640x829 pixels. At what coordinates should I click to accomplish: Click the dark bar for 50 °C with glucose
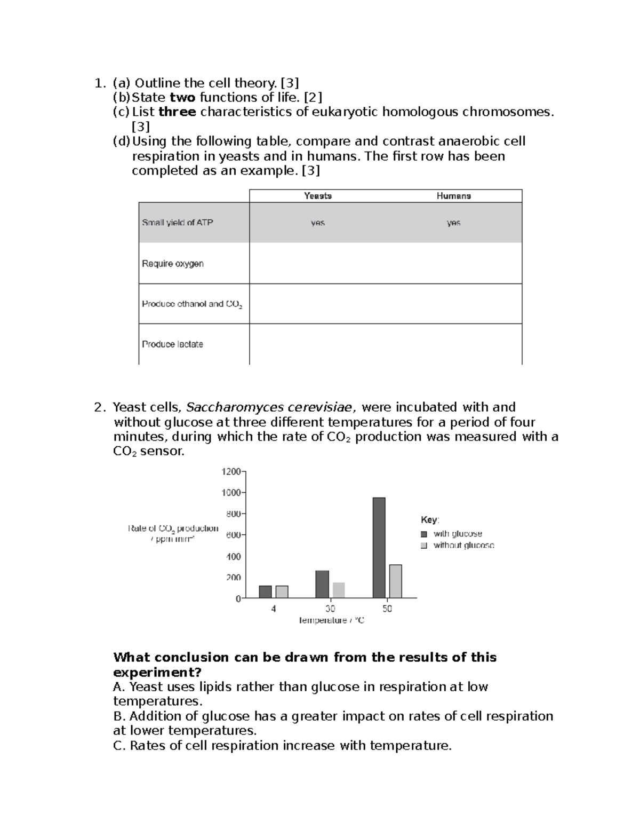pyautogui.click(x=379, y=548)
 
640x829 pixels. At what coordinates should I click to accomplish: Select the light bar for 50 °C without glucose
pyautogui.click(x=395, y=581)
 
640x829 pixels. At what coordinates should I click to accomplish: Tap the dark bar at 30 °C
pyautogui.click(x=322, y=584)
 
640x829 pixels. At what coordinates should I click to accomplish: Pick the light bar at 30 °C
pyautogui.click(x=339, y=590)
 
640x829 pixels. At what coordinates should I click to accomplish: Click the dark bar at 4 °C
pyautogui.click(x=265, y=591)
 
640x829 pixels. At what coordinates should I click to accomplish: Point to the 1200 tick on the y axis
pyautogui.click(x=231, y=471)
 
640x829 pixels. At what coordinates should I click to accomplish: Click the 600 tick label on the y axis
pyautogui.click(x=233, y=535)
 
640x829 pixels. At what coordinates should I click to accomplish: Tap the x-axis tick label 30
pyautogui.click(x=330, y=609)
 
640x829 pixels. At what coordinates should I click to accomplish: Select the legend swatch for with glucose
pyautogui.click(x=424, y=534)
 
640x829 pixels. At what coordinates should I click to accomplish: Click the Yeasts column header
pyautogui.click(x=318, y=196)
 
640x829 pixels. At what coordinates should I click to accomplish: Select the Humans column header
pyautogui.click(x=453, y=196)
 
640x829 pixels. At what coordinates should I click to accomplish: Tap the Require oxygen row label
pyautogui.click(x=173, y=263)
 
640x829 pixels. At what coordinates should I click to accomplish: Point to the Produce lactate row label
pyautogui.click(x=172, y=344)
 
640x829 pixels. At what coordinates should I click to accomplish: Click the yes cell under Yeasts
pyautogui.click(x=318, y=223)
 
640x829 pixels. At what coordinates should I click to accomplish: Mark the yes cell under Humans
pyautogui.click(x=453, y=223)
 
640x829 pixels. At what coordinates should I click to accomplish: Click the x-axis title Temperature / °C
pyautogui.click(x=331, y=620)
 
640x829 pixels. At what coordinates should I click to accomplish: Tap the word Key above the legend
pyautogui.click(x=429, y=520)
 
